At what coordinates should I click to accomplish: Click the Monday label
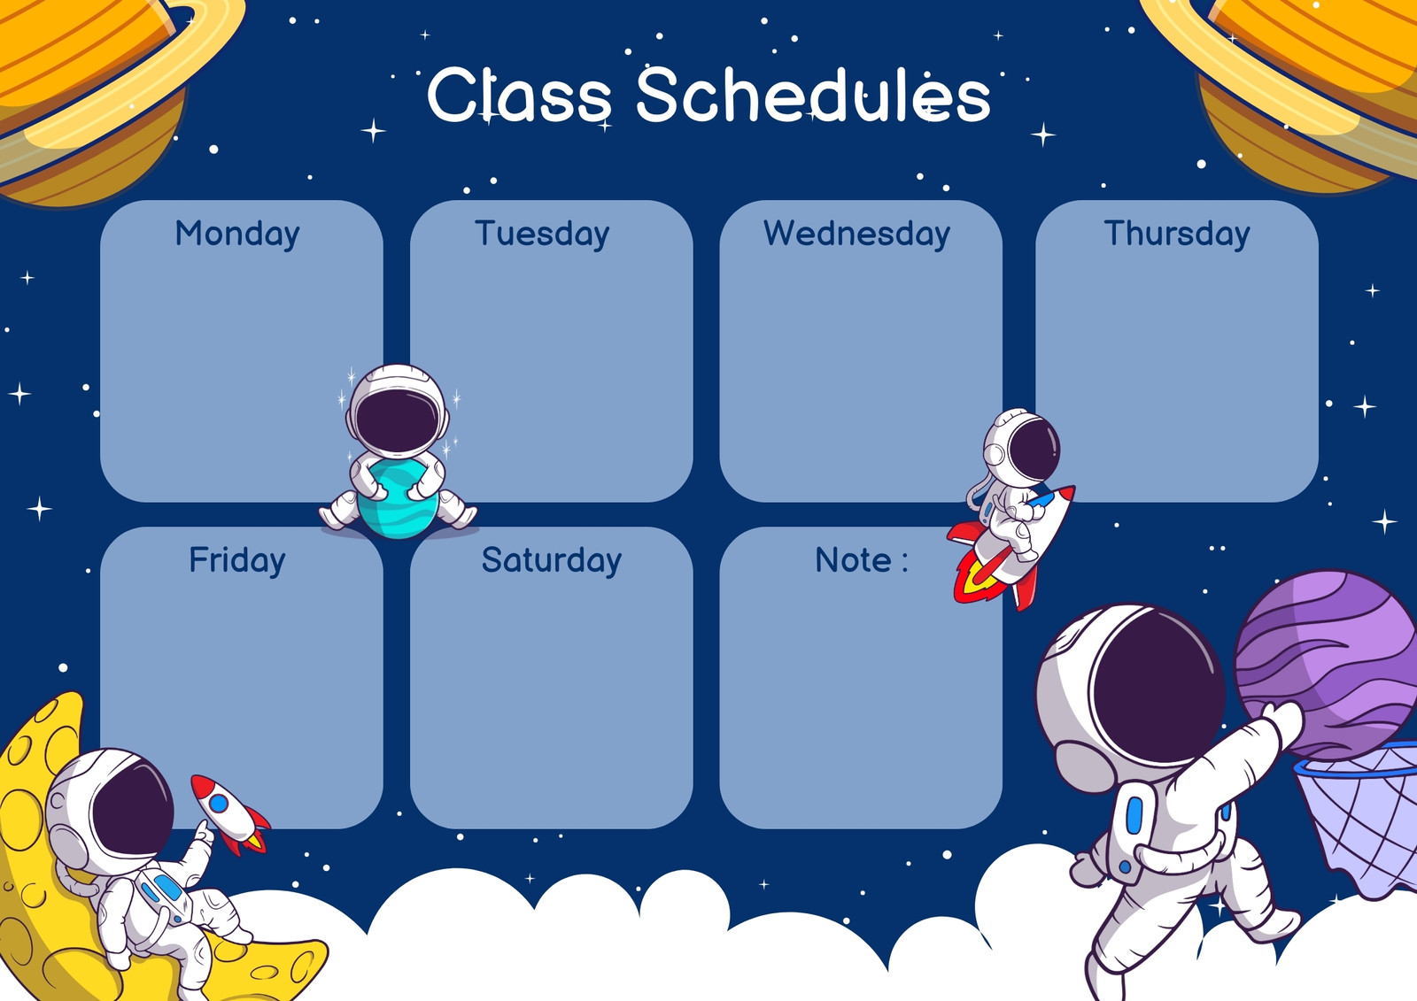pos(237,234)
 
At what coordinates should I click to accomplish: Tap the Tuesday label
pos(542,234)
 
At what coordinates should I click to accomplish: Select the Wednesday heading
pos(856,234)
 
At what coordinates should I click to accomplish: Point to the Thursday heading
pos(1177,234)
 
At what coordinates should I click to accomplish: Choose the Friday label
pos(237,560)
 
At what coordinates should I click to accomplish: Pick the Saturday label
pos(552,560)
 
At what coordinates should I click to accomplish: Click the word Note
pos(854,560)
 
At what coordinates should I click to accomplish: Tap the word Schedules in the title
pos(813,95)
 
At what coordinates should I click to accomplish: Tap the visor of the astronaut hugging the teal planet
pos(398,420)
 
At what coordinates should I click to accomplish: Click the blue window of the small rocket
pos(219,804)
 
